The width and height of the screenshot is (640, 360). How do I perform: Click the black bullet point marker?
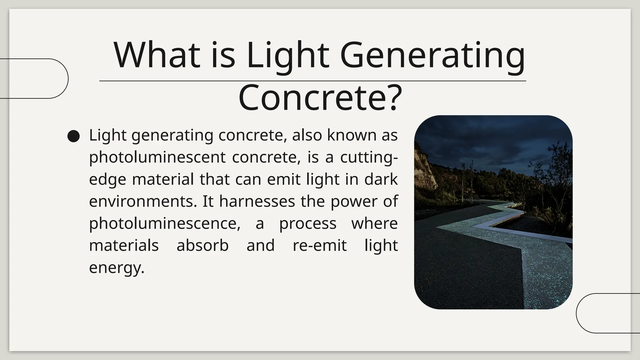click(74, 136)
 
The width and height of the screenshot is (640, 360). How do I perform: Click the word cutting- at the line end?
click(369, 157)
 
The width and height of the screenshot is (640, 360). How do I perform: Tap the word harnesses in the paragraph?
click(257, 201)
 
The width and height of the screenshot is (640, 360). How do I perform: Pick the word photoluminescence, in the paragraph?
click(164, 223)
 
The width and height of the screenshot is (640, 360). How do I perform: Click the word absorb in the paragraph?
click(202, 245)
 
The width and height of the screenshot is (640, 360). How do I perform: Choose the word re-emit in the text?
click(319, 245)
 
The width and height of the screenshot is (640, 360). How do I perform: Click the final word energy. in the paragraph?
click(117, 267)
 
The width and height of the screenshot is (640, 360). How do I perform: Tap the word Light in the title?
click(287, 56)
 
